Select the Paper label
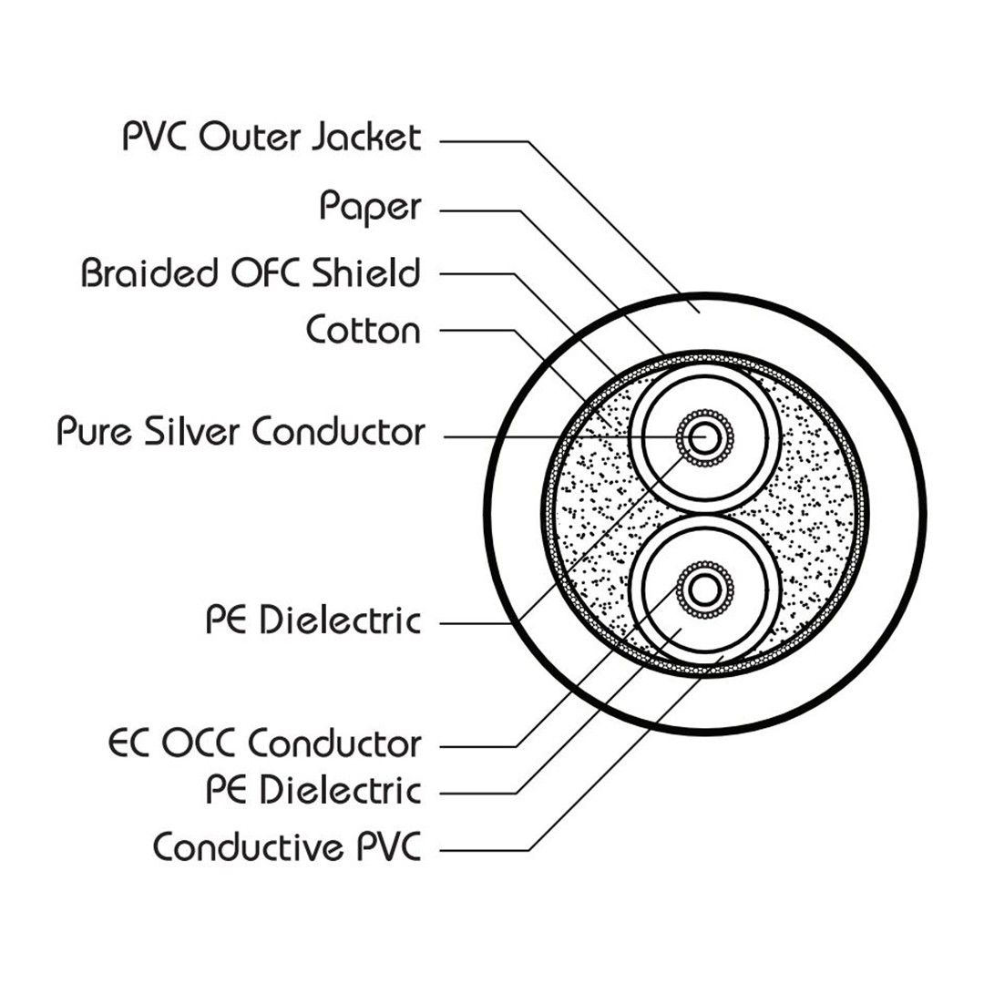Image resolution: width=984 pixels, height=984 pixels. point(370,208)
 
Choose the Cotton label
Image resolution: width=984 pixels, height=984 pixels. point(364,330)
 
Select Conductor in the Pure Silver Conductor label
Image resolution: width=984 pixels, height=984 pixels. point(337,432)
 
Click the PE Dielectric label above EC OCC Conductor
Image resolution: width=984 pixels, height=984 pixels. point(313,621)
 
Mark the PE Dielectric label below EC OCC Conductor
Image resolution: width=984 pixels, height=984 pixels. point(313,789)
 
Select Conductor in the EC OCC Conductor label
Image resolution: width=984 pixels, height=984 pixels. point(334,743)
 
